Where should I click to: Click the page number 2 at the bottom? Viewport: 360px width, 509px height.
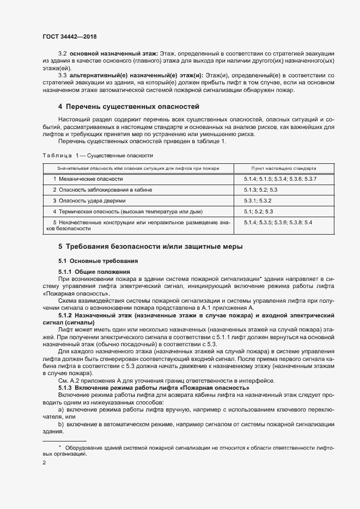click(x=44, y=463)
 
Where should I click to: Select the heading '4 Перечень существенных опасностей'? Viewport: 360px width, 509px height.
click(x=129, y=106)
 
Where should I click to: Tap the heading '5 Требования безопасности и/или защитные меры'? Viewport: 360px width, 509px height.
click(x=150, y=247)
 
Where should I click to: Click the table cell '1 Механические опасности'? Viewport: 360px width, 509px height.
click(x=88, y=179)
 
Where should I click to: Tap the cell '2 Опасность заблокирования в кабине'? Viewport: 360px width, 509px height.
click(x=102, y=189)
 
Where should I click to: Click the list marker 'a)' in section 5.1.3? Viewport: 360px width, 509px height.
click(x=60, y=408)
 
